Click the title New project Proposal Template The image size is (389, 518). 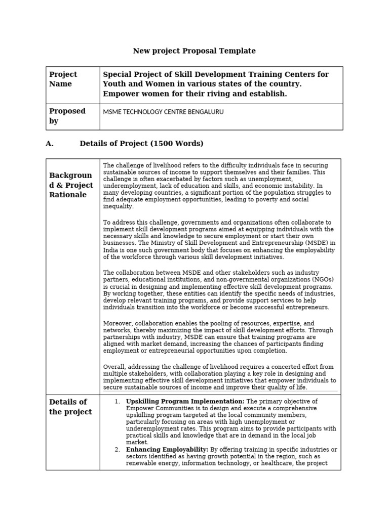pos(194,51)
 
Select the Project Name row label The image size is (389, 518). pos(63,79)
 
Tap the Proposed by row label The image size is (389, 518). pos(67,116)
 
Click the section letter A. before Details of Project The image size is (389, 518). pos(49,144)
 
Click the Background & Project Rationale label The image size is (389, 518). pos(71,185)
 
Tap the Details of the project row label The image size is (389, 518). pos(70,407)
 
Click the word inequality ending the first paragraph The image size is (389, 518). pos(119,206)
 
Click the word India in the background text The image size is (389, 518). pos(110,250)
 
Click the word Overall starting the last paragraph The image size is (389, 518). pos(115,367)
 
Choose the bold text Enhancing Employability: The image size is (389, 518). pos(167,449)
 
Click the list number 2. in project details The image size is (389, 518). pos(117,449)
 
